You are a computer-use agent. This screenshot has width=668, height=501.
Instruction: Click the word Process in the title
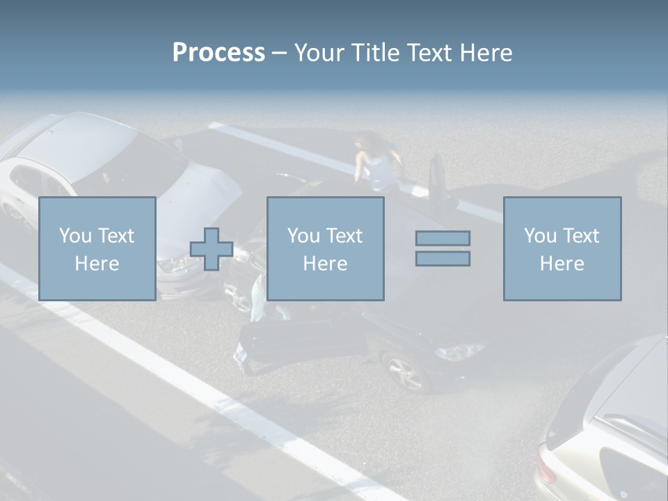[218, 53]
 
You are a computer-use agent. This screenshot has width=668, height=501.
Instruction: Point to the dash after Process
[279, 54]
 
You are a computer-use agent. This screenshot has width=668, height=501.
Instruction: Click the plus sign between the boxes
[212, 248]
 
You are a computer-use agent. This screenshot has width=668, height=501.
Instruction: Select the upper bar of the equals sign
[443, 238]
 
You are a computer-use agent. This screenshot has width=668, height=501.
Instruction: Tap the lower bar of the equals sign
[443, 258]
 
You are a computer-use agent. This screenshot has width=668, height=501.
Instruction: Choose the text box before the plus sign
[97, 248]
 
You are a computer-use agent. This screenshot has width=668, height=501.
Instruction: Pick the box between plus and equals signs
[325, 248]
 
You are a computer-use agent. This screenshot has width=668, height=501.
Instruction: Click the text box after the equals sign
[562, 248]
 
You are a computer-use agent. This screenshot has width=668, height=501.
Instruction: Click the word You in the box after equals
[540, 236]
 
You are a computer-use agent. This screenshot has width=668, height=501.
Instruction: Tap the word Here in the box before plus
[97, 264]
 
